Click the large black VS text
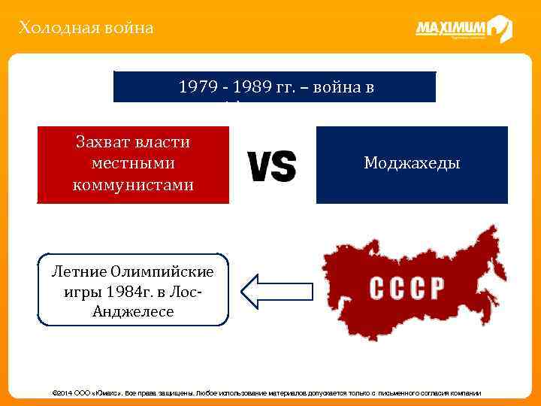(x=271, y=165)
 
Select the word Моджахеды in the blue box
(x=412, y=163)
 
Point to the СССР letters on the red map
(x=407, y=288)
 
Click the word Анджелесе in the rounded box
(x=132, y=311)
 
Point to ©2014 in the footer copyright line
(x=61, y=393)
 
